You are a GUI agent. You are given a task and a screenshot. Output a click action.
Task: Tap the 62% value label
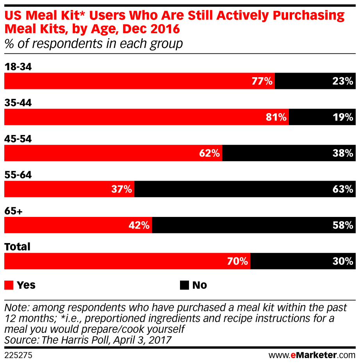click(x=209, y=153)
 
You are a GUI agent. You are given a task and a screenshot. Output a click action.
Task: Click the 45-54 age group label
click(x=18, y=139)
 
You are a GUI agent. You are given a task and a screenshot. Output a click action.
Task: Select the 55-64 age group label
click(x=18, y=175)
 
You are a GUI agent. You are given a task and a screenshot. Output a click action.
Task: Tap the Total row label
click(x=17, y=247)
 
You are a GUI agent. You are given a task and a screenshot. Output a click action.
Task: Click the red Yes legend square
click(x=9, y=285)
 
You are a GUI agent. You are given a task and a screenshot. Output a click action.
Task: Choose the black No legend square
click(x=184, y=285)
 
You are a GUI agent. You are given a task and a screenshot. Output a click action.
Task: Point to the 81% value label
click(x=276, y=117)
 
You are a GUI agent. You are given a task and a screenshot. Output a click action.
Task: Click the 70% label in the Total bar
click(x=238, y=261)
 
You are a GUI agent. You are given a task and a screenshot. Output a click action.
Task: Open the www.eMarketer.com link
click(x=312, y=355)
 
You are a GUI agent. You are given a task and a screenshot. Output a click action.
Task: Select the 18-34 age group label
click(x=18, y=67)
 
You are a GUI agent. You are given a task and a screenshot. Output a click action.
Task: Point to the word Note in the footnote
click(x=15, y=307)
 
